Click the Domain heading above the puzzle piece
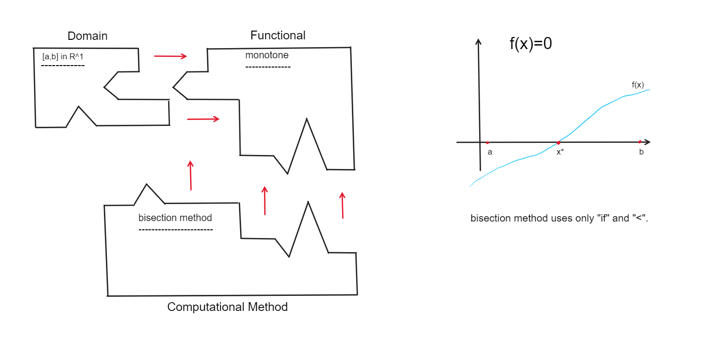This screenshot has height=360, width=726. tap(87, 36)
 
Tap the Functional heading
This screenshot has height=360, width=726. tap(278, 35)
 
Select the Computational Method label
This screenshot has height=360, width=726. tap(227, 307)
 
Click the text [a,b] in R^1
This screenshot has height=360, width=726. tap(63, 57)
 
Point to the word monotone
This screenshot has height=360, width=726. tap(267, 55)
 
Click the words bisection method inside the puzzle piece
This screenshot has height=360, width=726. tap(175, 218)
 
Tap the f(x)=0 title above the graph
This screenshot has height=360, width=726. tap(530, 44)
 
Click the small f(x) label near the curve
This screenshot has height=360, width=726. tap(638, 85)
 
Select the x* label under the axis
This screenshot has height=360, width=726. tap(560, 152)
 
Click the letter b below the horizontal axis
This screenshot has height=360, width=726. tap(641, 152)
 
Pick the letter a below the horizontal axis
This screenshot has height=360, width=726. tap(490, 152)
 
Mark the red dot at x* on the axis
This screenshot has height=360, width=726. tap(558, 142)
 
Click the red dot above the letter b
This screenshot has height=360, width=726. tap(640, 142)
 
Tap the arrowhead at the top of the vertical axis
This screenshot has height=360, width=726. tap(479, 41)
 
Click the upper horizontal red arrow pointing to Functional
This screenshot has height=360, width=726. tap(170, 56)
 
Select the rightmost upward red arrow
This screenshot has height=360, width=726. tap(342, 205)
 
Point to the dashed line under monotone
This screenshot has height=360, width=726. tap(268, 67)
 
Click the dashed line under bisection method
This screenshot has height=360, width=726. tap(175, 229)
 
